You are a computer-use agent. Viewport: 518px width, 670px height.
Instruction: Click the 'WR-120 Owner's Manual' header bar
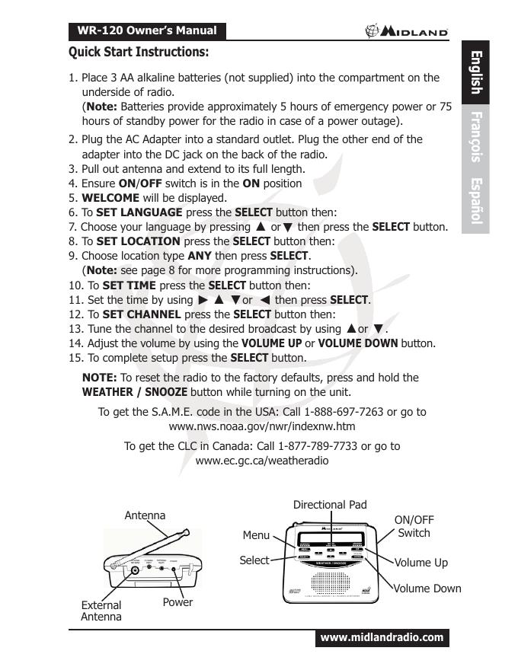[x=146, y=31]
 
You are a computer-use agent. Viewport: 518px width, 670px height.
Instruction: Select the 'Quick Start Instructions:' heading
[x=139, y=53]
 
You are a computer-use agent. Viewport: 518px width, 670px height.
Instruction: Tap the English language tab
[x=475, y=72]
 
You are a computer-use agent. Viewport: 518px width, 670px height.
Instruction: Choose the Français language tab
[x=475, y=137]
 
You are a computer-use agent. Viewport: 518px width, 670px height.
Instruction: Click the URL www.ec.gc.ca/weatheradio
[x=262, y=461]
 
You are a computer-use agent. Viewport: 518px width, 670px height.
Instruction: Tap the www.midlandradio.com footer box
[x=382, y=637]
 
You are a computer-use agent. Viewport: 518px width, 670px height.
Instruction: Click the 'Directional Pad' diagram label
[x=330, y=505]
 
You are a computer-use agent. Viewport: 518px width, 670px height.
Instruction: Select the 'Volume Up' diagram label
[x=420, y=563]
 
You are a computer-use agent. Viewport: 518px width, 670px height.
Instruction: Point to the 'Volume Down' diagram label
[x=427, y=588]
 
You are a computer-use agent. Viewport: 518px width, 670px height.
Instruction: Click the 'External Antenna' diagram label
[x=101, y=611]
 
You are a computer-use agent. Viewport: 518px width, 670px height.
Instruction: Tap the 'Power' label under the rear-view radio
[x=177, y=602]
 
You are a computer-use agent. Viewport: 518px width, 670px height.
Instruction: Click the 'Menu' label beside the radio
[x=256, y=535]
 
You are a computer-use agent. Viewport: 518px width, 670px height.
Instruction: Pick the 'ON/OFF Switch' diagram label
[x=414, y=526]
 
